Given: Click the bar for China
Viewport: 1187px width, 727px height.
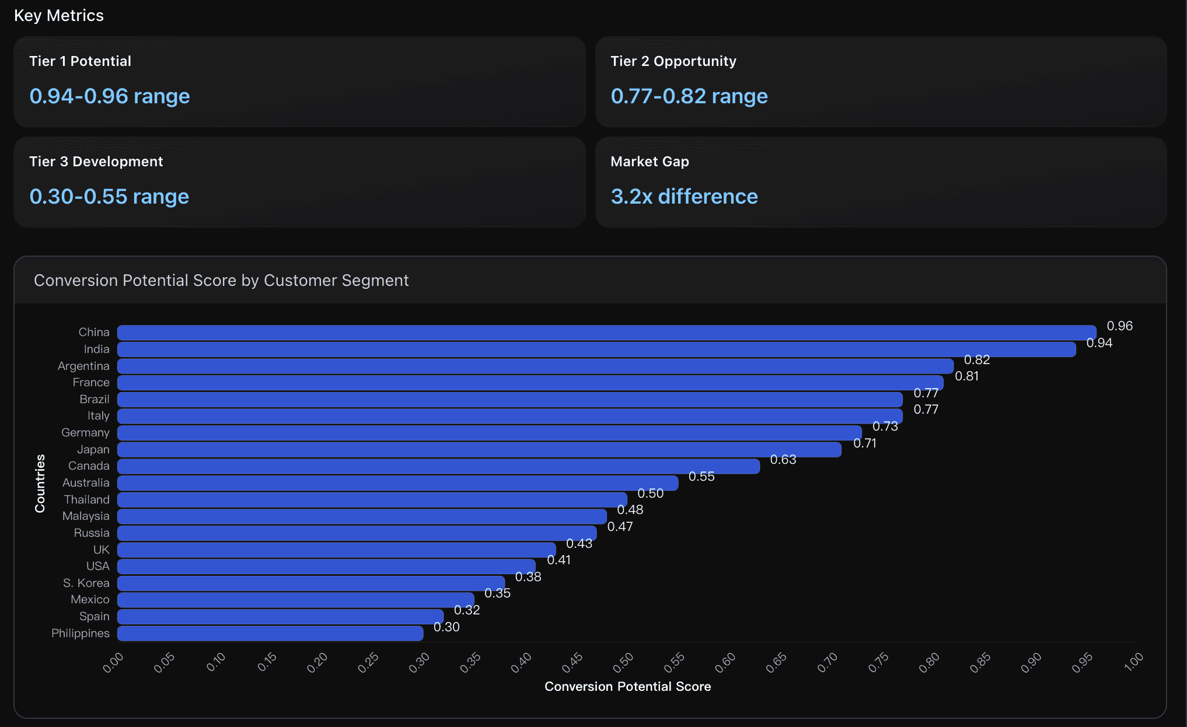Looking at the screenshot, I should (607, 333).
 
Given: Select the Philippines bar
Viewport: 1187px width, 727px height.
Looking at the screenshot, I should (270, 634).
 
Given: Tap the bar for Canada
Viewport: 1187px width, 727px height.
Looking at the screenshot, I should (438, 466).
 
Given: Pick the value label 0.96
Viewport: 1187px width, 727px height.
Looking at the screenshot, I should (1119, 326).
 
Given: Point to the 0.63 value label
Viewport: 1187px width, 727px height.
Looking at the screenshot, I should (783, 460).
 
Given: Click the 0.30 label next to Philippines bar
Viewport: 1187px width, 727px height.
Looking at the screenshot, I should (446, 627).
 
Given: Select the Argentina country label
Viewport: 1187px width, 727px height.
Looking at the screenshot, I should (83, 366).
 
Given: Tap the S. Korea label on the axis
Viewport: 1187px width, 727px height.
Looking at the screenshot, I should (86, 583).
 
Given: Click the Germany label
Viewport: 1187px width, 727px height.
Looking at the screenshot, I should (85, 432).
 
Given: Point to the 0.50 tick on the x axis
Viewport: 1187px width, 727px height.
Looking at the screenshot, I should (623, 662).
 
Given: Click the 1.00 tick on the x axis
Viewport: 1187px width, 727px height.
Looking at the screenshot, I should (1133, 662).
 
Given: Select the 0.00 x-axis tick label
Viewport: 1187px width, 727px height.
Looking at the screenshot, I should (113, 662).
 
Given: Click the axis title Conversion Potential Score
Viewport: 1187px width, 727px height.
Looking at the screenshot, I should (627, 687).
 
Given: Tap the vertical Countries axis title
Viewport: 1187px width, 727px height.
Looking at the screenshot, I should (40, 483).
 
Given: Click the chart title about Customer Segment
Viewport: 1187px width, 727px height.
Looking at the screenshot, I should (221, 281).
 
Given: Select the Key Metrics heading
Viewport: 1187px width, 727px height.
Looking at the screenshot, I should (59, 16).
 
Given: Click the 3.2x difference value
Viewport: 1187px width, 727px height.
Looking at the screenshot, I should (684, 197).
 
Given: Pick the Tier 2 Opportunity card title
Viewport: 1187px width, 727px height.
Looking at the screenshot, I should (673, 61).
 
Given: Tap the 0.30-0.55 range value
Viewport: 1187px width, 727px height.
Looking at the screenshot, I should (109, 197).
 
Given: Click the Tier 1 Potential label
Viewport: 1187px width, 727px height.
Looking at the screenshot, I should (80, 61).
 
